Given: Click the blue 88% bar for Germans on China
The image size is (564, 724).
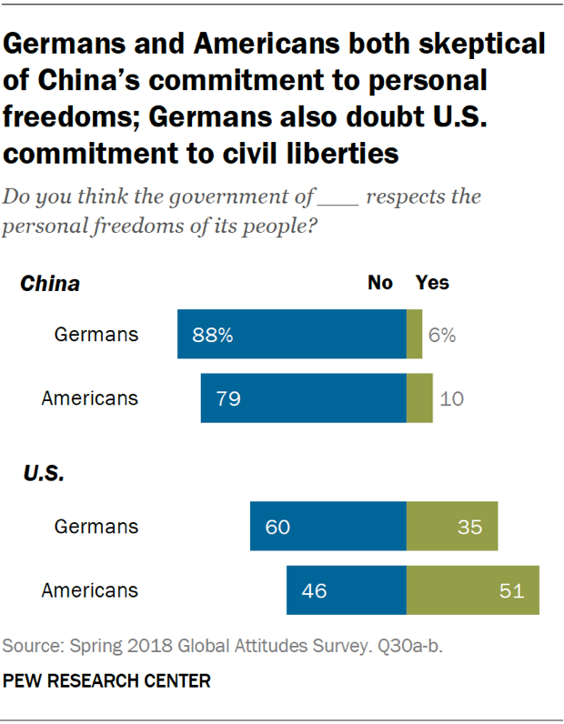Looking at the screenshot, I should (291, 334).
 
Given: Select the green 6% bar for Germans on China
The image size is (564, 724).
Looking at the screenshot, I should (414, 334).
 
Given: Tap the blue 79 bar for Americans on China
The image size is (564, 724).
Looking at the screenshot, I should (303, 398).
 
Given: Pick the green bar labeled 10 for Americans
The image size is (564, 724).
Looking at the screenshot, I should (419, 398).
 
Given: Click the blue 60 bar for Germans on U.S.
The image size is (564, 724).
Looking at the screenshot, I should (327, 527).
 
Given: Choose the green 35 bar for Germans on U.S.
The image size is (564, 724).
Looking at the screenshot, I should (451, 527).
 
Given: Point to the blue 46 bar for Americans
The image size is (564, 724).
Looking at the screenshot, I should (346, 590).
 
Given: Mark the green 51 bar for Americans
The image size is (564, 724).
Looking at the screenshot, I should (472, 590).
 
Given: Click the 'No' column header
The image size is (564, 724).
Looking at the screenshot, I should (379, 283).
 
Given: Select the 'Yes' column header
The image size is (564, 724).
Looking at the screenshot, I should (432, 283).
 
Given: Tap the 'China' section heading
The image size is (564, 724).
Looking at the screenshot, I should (50, 284).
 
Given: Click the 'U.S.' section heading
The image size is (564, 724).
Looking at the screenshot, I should (42, 474).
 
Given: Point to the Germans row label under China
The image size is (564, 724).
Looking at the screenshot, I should (96, 334).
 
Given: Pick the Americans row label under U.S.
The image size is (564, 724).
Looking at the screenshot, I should (90, 590).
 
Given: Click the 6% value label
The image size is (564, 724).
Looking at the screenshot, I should (442, 335).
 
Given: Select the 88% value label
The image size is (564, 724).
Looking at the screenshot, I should (213, 335).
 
